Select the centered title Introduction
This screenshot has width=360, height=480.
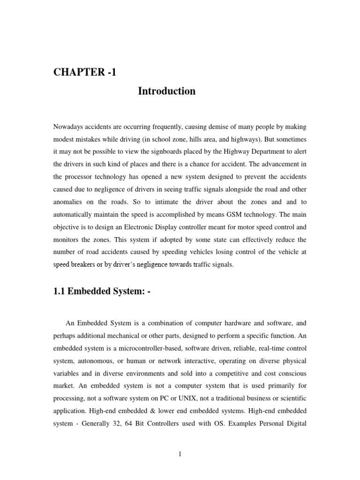[166, 91]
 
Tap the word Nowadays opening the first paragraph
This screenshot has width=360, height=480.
[69, 127]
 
